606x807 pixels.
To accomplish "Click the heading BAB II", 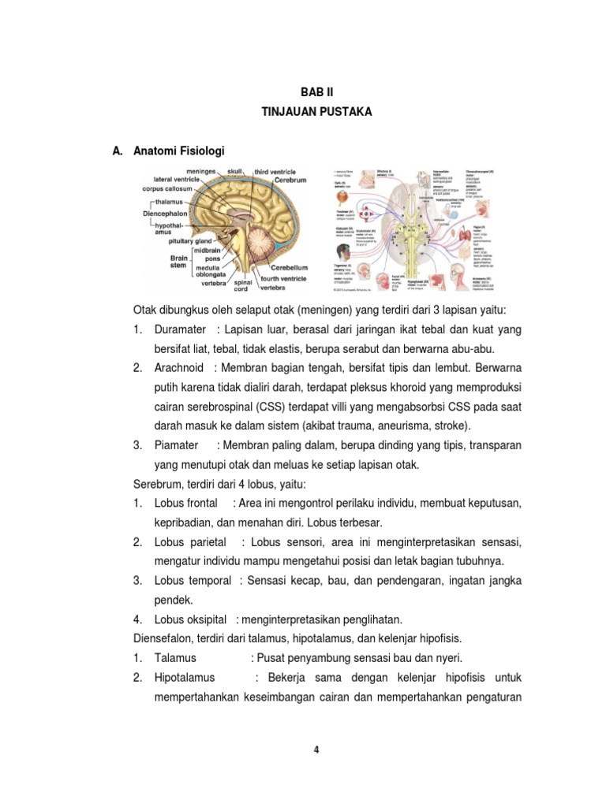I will click(x=316, y=92).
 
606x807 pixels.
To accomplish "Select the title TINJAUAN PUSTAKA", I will click(x=316, y=113).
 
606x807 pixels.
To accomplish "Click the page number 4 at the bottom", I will click(x=316, y=749).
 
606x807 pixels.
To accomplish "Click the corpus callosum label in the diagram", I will click(x=168, y=189).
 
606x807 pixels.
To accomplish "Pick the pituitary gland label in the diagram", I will click(x=183, y=240).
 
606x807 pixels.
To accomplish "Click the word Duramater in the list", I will click(x=181, y=329).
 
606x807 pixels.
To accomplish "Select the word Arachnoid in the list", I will click(x=181, y=368).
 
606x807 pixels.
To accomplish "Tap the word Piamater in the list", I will click(x=177, y=445).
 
